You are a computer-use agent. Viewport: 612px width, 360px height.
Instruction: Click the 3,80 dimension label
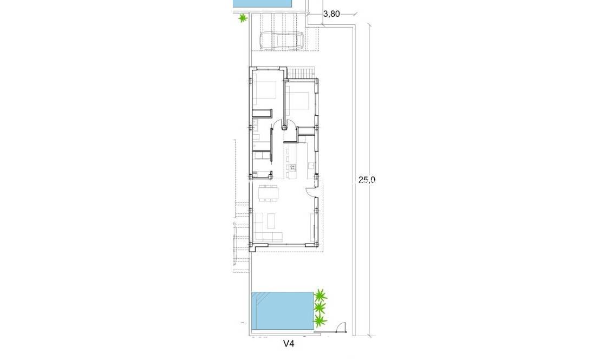(331, 14)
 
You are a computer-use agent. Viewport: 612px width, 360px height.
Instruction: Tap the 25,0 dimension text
(366, 181)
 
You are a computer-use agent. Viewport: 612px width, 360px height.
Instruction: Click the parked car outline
(282, 41)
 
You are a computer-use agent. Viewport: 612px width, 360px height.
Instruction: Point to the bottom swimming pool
(283, 312)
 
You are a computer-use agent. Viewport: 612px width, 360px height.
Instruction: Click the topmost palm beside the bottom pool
(321, 296)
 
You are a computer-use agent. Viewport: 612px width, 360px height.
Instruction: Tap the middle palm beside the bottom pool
(320, 309)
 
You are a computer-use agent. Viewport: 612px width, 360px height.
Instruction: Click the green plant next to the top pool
(243, 18)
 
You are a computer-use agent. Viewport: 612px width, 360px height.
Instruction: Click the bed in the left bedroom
(265, 90)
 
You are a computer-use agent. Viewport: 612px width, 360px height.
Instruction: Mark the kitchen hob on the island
(292, 167)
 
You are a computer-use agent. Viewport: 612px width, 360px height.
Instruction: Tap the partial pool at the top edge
(262, 3)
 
